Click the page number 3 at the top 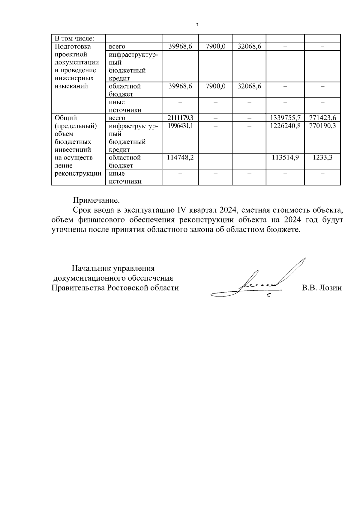197,25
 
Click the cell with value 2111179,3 180,118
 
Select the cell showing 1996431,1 180,126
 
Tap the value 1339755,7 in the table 285,118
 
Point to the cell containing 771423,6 322,118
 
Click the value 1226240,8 285,126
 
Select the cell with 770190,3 322,126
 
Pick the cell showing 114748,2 180,158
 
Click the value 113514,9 285,158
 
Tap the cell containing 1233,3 322,158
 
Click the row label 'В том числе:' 74,38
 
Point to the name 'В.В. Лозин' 322,288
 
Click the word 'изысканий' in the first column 71,86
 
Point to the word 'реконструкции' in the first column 78,174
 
